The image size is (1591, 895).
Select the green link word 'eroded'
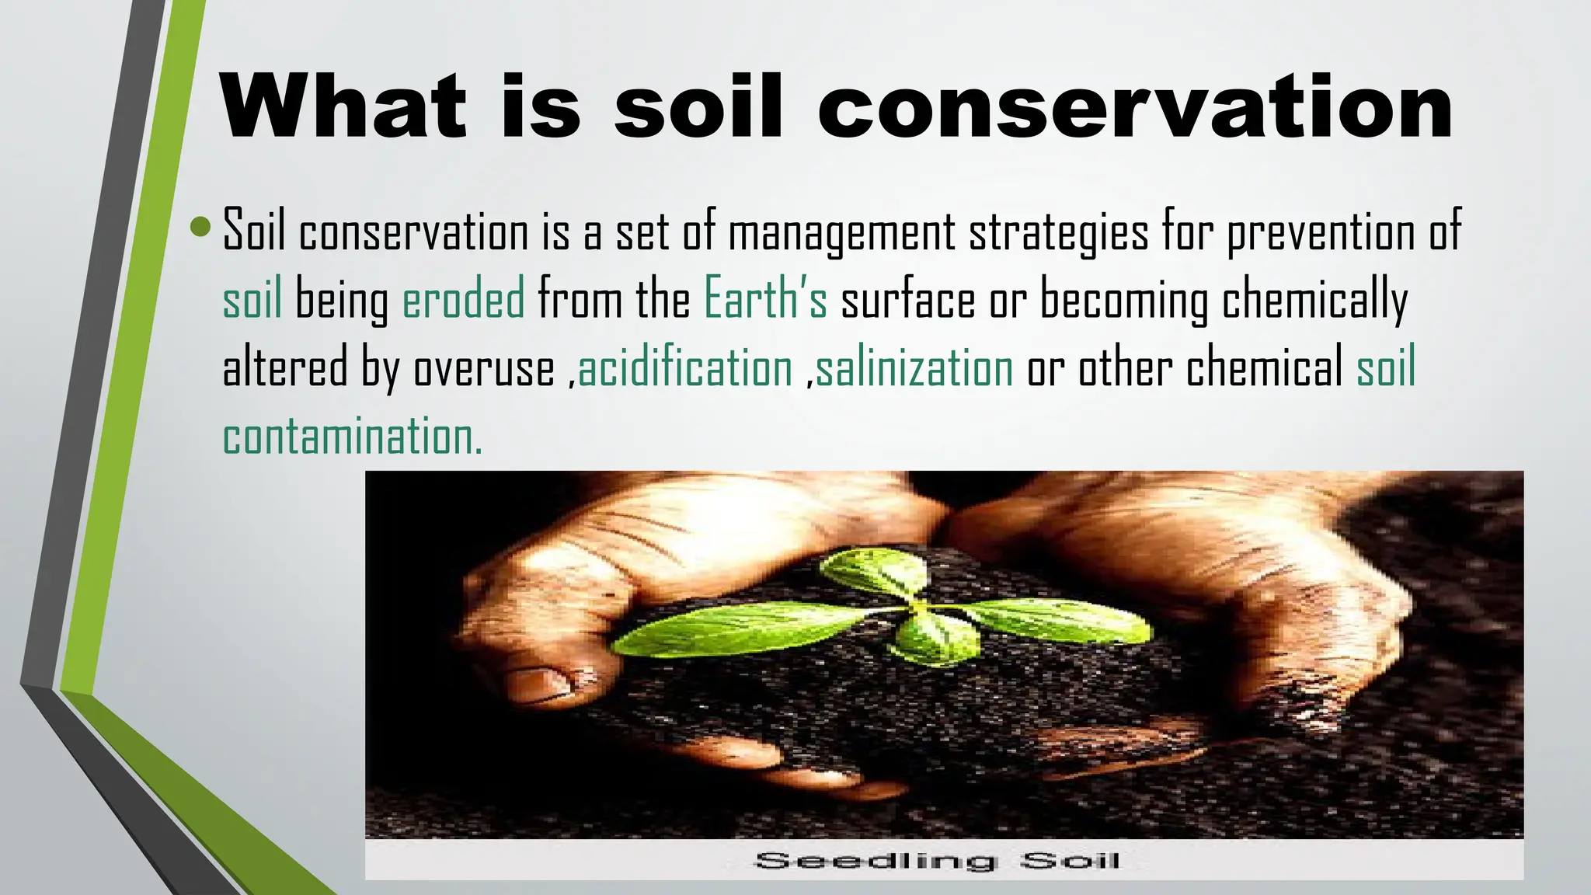(464, 299)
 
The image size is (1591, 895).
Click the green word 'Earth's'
(765, 299)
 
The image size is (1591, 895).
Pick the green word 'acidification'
(685, 367)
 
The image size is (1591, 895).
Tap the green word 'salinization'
(914, 367)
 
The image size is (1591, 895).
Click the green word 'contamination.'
(353, 436)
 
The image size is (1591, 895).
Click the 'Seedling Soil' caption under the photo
(938, 861)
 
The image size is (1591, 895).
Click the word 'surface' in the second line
(907, 300)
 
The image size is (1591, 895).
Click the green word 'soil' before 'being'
(252, 299)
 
